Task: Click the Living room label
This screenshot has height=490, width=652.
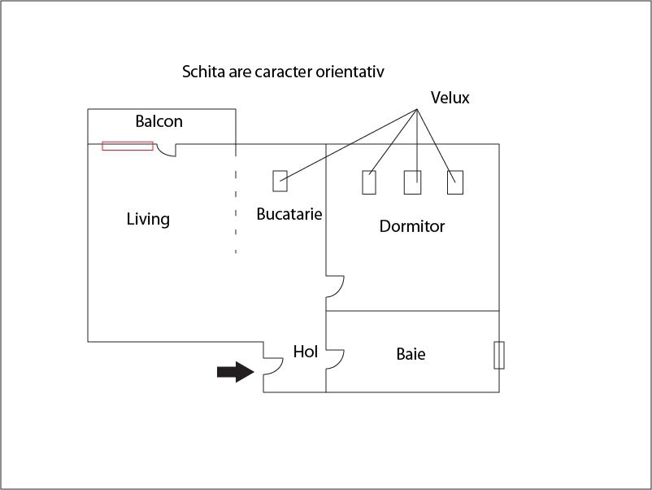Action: [x=148, y=219]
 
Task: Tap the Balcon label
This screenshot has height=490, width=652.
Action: [x=159, y=122]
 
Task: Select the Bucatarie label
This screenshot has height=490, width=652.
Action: [x=289, y=215]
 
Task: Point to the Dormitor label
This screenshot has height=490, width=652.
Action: [x=412, y=226]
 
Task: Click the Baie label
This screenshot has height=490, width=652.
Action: [x=411, y=354]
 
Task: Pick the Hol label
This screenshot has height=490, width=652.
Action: [x=305, y=352]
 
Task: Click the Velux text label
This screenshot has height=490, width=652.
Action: [x=450, y=98]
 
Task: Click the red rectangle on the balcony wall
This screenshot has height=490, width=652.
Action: [x=128, y=146]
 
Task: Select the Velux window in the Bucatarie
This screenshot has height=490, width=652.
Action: [x=280, y=182]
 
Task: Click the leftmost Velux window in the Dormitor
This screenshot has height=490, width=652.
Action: [x=369, y=182]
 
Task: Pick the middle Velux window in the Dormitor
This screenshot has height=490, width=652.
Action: [x=412, y=182]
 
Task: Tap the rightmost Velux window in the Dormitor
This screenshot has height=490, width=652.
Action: [x=455, y=182]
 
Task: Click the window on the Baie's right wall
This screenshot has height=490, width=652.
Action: [x=499, y=355]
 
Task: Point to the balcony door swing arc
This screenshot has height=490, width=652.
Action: [x=167, y=151]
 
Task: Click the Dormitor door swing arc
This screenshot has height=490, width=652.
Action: [x=336, y=287]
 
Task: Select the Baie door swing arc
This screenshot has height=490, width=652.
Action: [x=336, y=360]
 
